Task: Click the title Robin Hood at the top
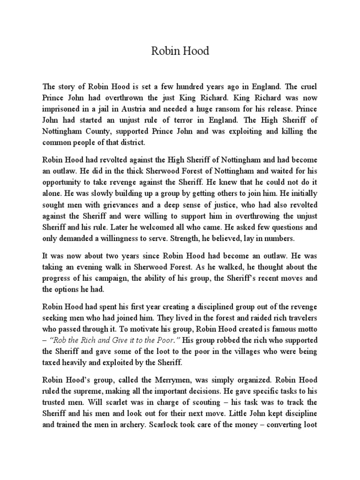coord(180,51)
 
